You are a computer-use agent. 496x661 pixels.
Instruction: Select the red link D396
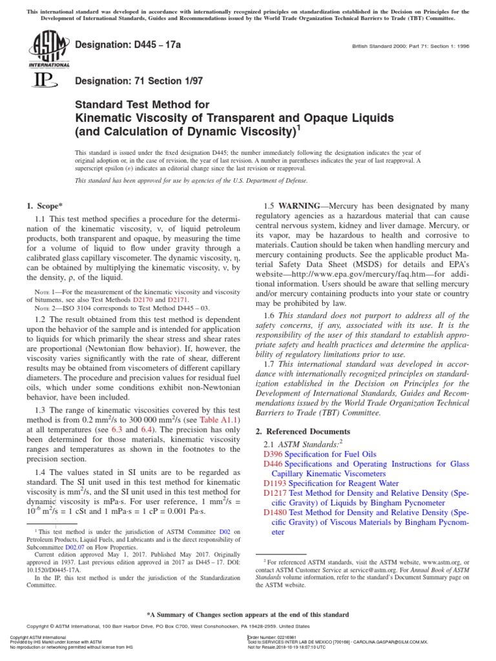coord(274,454)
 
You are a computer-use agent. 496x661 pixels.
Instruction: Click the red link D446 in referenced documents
coord(274,463)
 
